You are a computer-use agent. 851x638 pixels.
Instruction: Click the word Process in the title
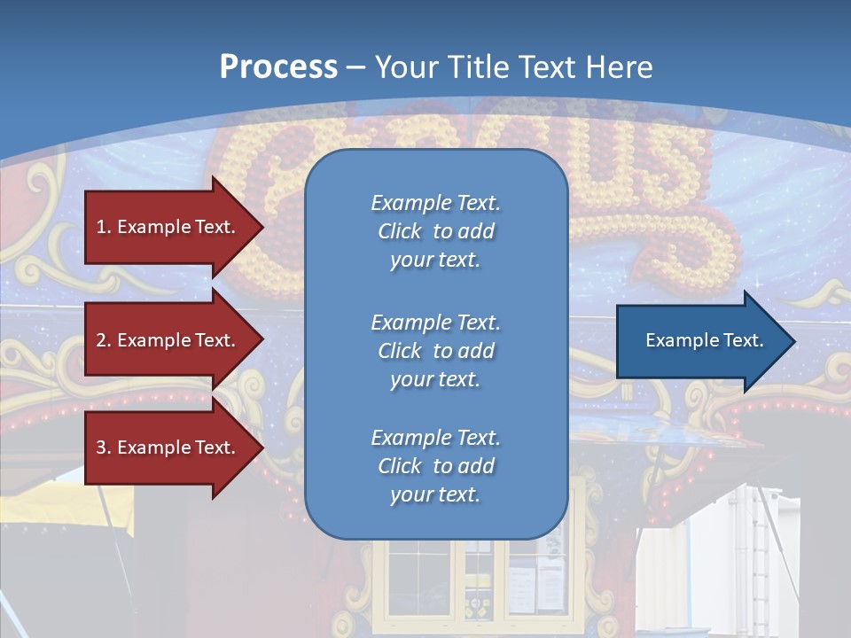pyautogui.click(x=278, y=67)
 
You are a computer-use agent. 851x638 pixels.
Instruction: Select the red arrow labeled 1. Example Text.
pyautogui.click(x=168, y=227)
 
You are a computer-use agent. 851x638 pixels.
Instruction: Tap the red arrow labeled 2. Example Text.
pyautogui.click(x=168, y=340)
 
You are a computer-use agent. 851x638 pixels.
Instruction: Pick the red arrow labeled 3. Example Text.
pyautogui.click(x=168, y=447)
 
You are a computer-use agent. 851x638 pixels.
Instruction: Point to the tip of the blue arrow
pyautogui.click(x=792, y=341)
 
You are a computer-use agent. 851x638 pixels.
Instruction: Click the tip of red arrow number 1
pyautogui.click(x=262, y=227)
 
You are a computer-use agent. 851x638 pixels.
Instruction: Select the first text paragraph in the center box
pyautogui.click(x=435, y=231)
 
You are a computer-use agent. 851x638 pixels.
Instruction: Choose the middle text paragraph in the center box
pyautogui.click(x=435, y=351)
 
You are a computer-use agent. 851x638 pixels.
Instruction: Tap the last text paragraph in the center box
pyautogui.click(x=435, y=466)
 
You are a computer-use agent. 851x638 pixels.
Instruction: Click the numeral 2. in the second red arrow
pyautogui.click(x=104, y=340)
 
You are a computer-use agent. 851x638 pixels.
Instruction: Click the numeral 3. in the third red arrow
pyautogui.click(x=104, y=447)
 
